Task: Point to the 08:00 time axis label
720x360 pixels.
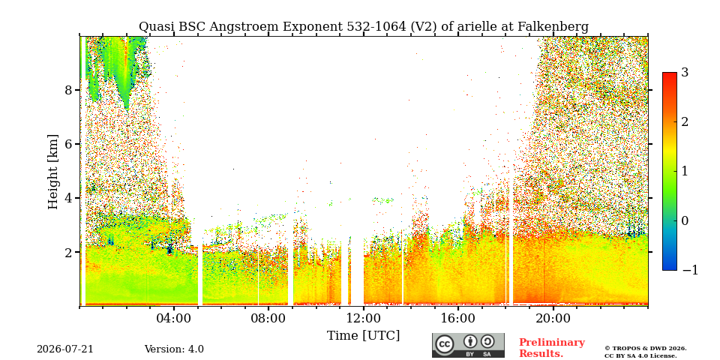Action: coord(269,318)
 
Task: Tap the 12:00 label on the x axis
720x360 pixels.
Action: coord(364,318)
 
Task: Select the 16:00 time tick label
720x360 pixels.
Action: coord(459,318)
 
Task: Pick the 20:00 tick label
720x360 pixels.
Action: coord(553,318)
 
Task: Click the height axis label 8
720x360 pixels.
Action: coord(68,89)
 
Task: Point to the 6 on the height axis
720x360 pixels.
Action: coord(68,144)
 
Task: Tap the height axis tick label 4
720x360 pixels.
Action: coord(68,198)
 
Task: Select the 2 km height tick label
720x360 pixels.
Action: coord(68,252)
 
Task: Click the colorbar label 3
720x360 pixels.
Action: coord(685,73)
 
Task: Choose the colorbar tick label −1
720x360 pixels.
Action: coord(690,270)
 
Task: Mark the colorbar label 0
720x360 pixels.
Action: coord(685,220)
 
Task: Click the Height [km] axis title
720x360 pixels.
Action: coord(53,172)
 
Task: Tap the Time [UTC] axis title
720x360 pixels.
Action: coord(363,336)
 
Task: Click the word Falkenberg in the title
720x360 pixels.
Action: coord(553,27)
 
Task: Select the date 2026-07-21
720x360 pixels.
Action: coord(64,349)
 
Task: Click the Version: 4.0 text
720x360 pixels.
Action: coord(174,349)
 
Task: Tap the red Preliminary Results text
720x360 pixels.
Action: coord(552,347)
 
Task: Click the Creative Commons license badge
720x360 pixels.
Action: coord(468,345)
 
